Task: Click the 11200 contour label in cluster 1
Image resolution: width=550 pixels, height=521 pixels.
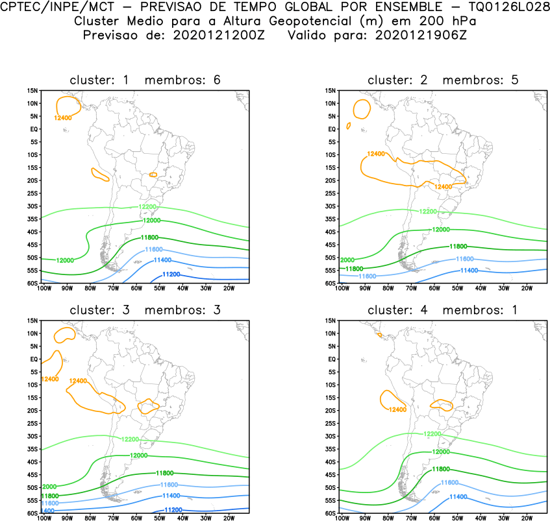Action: (x=171, y=274)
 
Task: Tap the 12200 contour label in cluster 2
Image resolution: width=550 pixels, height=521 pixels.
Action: (x=428, y=212)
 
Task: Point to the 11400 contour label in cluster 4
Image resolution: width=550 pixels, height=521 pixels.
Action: (x=458, y=496)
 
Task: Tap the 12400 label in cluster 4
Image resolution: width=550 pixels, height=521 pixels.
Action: (x=397, y=409)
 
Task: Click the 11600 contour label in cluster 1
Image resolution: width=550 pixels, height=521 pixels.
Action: (x=154, y=250)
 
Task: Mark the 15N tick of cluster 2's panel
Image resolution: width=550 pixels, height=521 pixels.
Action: (x=329, y=91)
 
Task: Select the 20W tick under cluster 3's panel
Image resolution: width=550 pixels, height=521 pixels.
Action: (x=229, y=518)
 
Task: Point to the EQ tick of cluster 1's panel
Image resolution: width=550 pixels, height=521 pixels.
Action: (x=34, y=129)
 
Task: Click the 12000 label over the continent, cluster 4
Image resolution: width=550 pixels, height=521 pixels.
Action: (x=442, y=452)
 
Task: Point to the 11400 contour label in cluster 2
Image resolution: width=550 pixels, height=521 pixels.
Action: (x=469, y=270)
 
